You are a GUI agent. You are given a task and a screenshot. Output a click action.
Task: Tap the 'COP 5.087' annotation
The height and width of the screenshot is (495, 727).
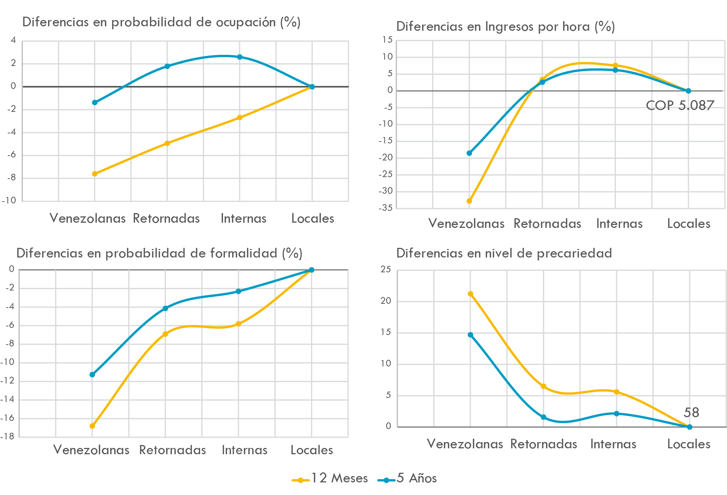pos(680,106)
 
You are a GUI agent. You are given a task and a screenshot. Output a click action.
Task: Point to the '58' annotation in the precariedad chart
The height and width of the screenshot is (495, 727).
pos(691,413)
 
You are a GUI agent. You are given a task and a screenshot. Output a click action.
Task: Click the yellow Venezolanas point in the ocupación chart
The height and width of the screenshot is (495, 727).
pos(95,174)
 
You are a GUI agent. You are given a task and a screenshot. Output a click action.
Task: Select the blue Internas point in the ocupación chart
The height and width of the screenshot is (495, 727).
pos(240,57)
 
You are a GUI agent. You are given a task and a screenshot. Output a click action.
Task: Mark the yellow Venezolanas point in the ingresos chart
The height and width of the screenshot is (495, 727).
pos(469,201)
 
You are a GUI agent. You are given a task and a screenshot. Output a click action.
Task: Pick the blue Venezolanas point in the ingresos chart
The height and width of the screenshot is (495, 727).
pos(469,153)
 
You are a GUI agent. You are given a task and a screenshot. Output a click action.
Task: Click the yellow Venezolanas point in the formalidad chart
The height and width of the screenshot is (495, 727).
pos(92,426)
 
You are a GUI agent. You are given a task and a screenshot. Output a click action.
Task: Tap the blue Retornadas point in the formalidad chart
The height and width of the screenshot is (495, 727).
pos(165,308)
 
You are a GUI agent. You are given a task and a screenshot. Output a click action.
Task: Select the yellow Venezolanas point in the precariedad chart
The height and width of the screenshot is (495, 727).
pos(470,294)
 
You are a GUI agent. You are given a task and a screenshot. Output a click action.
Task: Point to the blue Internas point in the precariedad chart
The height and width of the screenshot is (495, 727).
pos(616,413)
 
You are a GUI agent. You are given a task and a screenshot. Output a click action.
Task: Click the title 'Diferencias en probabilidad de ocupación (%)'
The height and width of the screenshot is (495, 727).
pos(161,22)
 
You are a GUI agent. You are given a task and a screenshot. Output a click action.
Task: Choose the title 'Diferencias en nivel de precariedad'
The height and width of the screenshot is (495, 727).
pos(504,253)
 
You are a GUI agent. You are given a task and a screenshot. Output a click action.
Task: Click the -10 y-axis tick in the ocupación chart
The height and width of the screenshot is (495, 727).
pos(9,200)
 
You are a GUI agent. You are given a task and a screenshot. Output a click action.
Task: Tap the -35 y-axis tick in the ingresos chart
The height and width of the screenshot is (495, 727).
pos(385,208)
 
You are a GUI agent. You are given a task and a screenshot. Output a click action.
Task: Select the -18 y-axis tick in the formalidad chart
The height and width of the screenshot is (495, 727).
pos(7,436)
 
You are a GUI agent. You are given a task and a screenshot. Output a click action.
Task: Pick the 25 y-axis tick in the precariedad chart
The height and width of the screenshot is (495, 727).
pos(386,270)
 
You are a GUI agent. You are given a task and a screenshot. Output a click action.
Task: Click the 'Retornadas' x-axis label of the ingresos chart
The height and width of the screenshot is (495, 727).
pos(547,224)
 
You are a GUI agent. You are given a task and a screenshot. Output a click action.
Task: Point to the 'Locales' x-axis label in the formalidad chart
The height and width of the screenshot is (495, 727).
pos(311,450)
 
